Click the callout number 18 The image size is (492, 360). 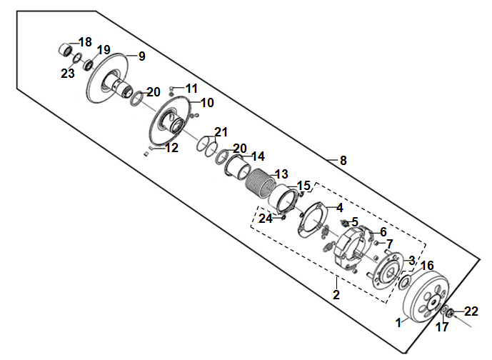(85, 42)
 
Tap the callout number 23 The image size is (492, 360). (68, 74)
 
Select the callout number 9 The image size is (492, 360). (142, 56)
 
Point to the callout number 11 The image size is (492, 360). (191, 89)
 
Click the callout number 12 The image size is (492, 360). (171, 148)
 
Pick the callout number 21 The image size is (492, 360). (221, 132)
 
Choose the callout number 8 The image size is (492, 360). (343, 161)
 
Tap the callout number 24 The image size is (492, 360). (266, 219)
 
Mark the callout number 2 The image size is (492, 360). (336, 295)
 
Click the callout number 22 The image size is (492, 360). (471, 311)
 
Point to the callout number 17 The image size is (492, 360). (442, 327)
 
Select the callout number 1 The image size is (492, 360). (398, 323)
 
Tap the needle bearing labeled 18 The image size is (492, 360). (66, 49)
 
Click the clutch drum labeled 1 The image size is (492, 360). (426, 297)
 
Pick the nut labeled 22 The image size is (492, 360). (451, 313)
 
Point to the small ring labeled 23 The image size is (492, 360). (78, 58)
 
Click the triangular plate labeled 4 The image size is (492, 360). (313, 220)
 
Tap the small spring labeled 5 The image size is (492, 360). (345, 223)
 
